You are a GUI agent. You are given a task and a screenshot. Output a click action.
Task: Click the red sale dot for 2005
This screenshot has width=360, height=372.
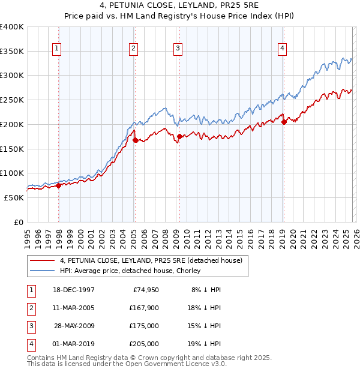135,140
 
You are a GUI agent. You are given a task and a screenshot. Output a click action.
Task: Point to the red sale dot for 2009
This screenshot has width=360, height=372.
179,137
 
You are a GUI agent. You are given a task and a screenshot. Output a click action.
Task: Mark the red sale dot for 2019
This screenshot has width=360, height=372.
284,122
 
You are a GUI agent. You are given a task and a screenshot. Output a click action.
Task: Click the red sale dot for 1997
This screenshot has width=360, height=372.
59,185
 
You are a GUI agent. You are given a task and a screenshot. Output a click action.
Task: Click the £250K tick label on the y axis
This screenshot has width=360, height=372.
12,100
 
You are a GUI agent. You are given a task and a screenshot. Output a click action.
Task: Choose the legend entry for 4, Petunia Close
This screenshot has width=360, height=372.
151,260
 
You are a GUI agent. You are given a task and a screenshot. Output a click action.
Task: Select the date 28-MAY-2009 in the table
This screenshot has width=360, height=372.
74,326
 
